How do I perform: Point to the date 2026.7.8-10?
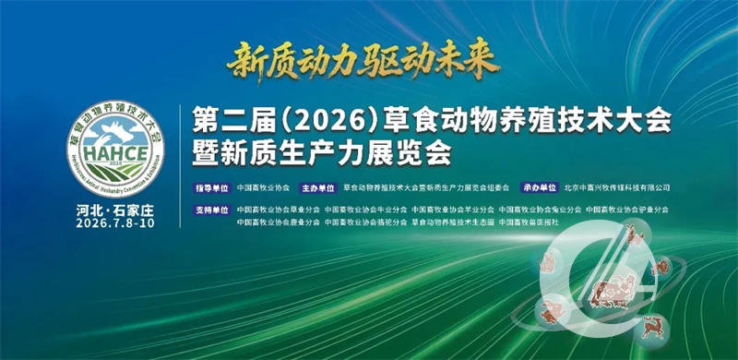[114, 224]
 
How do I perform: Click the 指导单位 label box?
[211, 186]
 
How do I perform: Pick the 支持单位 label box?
[211, 210]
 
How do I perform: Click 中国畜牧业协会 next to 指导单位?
[263, 186]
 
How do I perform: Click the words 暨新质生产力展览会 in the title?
[320, 151]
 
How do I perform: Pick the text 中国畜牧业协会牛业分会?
[366, 210]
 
